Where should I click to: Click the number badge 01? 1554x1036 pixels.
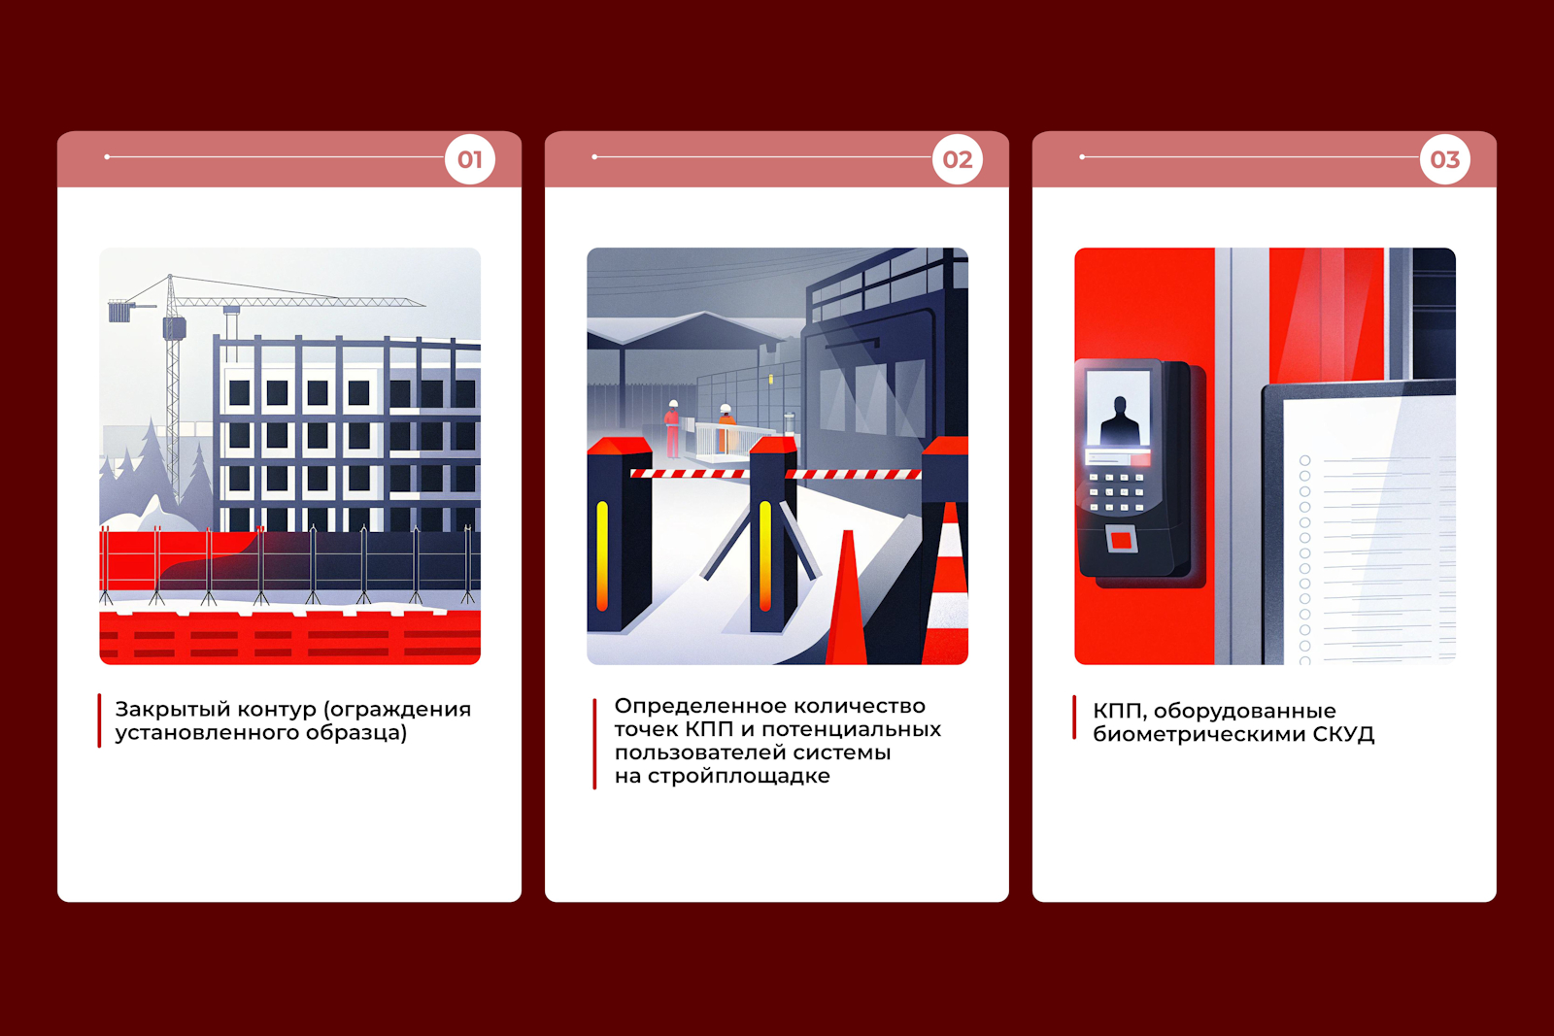(x=470, y=159)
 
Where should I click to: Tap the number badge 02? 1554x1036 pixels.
(x=958, y=159)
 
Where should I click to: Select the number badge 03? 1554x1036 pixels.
(x=1445, y=159)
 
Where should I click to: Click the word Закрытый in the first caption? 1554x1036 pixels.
(x=173, y=710)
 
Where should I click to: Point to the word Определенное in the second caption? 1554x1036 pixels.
(x=700, y=706)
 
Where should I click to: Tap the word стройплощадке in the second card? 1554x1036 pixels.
(x=723, y=776)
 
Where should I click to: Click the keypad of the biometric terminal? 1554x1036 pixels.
(x=1116, y=492)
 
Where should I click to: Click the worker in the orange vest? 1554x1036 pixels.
(x=726, y=428)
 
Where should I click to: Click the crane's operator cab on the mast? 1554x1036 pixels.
(x=174, y=328)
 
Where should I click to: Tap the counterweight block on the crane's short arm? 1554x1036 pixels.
(x=119, y=312)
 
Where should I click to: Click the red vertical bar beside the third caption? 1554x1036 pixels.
(x=1074, y=718)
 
